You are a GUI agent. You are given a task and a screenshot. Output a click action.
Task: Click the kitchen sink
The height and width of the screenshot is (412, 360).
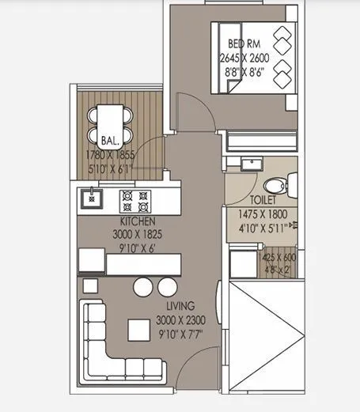[x=91, y=198]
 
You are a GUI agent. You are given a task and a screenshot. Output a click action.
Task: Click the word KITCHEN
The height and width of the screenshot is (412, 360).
[x=137, y=221]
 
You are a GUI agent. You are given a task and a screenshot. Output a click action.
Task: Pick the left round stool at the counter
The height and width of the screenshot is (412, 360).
[x=142, y=287]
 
